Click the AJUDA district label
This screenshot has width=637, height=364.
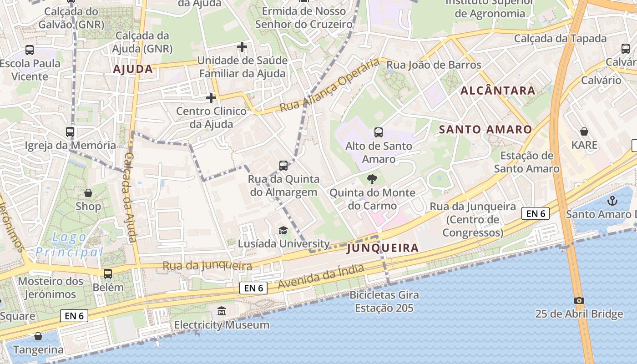pos(133,69)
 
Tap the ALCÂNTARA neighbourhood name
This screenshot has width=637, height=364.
pos(498,91)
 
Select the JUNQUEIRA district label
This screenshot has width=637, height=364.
pos(382,248)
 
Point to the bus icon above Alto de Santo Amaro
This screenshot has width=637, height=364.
pos(378,132)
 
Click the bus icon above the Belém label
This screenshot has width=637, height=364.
pos(108,274)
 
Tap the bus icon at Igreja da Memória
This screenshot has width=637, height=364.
pos(70,132)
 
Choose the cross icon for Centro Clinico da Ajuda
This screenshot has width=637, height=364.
pos(211,98)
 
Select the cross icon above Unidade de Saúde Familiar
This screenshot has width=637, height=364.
pos(242,47)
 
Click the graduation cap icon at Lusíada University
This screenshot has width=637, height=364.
pos(283,230)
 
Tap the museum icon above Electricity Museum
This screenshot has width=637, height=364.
pos(222,311)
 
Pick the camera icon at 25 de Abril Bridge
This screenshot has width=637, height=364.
pos(579,300)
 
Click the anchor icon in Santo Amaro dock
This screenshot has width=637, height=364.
pos(613,200)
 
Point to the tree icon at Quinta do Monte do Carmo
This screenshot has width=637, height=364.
pos(372,179)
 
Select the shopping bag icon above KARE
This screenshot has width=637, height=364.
pos(584,132)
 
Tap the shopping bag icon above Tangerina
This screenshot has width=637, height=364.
pos(38,336)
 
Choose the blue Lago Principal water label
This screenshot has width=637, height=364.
pos(70,244)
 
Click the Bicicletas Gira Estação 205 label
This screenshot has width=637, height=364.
pos(384,301)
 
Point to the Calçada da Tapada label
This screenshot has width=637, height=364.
pos(560,39)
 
